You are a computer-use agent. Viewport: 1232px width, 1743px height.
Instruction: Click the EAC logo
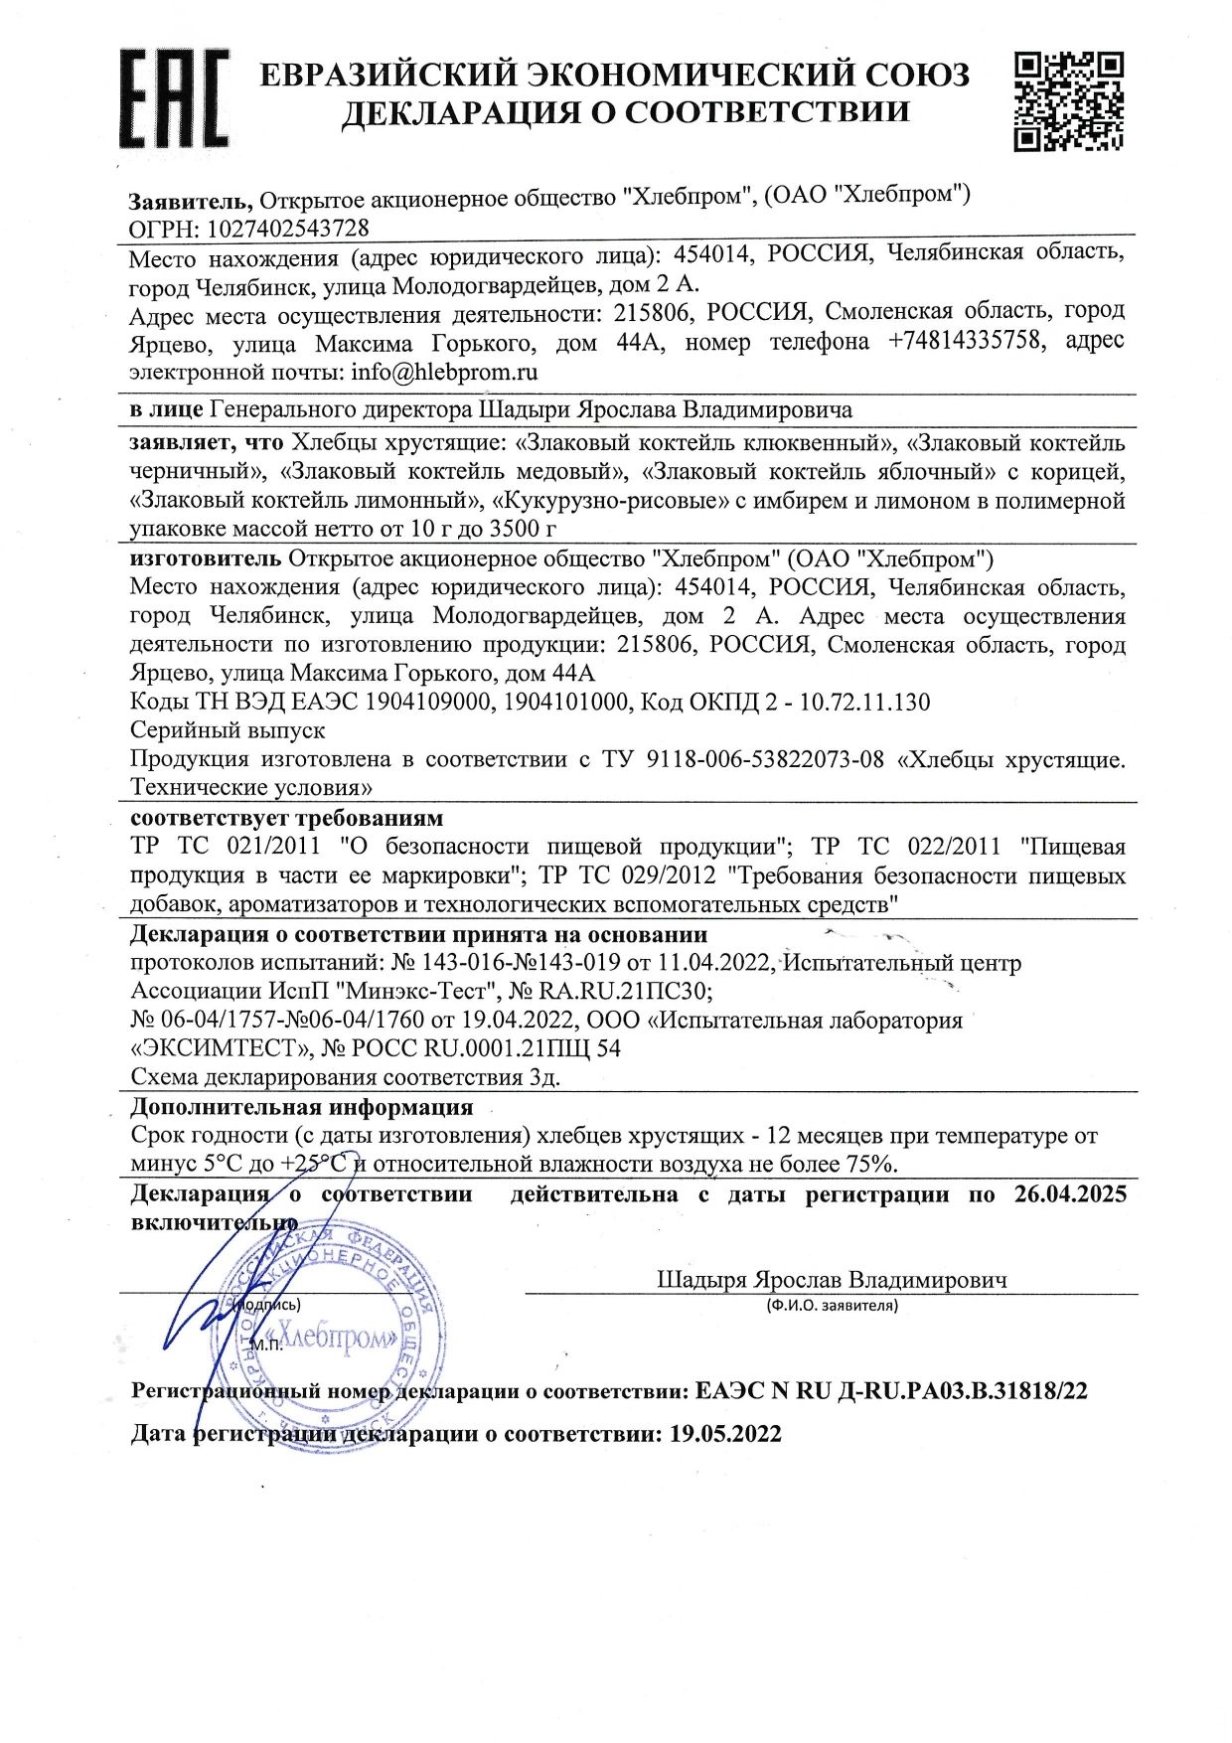174,98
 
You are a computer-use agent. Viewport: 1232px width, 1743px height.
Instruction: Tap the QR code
1069,102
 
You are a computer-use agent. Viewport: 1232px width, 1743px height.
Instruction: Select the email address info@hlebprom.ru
444,373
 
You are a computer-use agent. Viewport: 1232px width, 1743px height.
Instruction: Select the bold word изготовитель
206,558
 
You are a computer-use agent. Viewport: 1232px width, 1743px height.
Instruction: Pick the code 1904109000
428,703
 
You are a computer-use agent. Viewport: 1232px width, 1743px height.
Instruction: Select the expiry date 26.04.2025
1070,1193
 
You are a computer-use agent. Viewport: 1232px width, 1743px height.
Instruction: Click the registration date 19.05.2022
725,1434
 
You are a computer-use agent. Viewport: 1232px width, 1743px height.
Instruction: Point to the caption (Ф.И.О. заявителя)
832,1306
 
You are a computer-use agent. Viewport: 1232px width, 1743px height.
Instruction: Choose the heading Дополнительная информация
302,1107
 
